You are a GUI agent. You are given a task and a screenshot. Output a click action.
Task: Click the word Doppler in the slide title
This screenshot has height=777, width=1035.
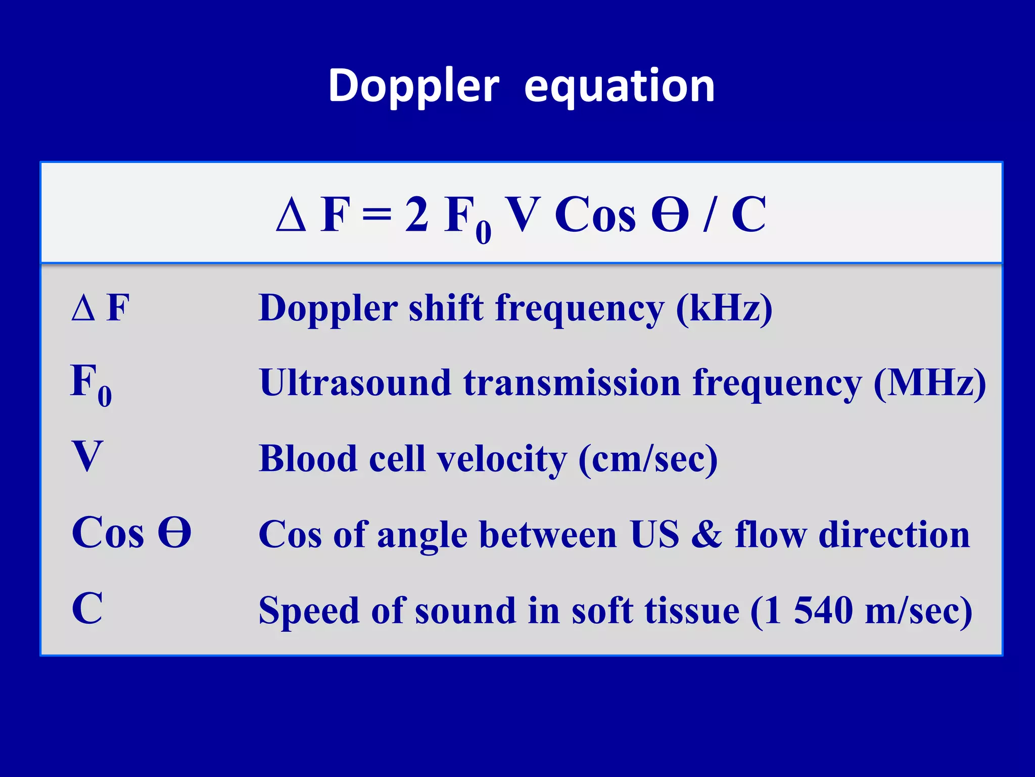[x=413, y=86]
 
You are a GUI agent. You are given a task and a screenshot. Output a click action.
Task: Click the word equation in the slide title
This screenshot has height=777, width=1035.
[x=619, y=86]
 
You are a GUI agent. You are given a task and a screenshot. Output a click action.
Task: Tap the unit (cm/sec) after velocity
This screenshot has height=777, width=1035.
[x=647, y=458]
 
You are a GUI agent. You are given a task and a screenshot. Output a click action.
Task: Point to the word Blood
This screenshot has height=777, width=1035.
[x=308, y=458]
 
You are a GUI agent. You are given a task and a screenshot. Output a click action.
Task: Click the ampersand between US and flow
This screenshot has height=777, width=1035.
[x=706, y=535]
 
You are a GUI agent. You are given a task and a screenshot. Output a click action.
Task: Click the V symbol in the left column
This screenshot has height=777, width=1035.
[x=87, y=455]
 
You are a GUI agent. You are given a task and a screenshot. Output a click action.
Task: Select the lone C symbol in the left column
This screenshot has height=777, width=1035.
[x=87, y=608]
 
